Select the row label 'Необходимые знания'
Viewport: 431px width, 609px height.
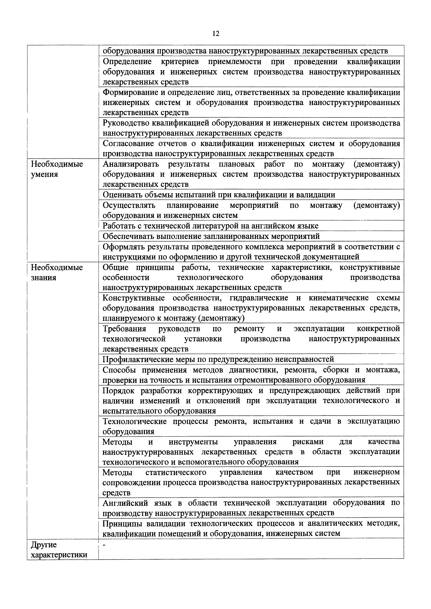[57, 272]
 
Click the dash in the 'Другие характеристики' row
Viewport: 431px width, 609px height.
[104, 545]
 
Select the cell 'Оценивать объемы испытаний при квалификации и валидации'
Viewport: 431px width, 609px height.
[219, 195]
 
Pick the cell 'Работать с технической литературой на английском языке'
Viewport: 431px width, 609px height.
[210, 226]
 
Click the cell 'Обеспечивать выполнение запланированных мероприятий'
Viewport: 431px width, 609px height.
[211, 236]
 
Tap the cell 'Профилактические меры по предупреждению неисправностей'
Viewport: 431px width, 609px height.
[218, 359]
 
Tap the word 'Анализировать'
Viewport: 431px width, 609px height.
[131, 164]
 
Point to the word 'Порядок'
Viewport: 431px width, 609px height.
[118, 390]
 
